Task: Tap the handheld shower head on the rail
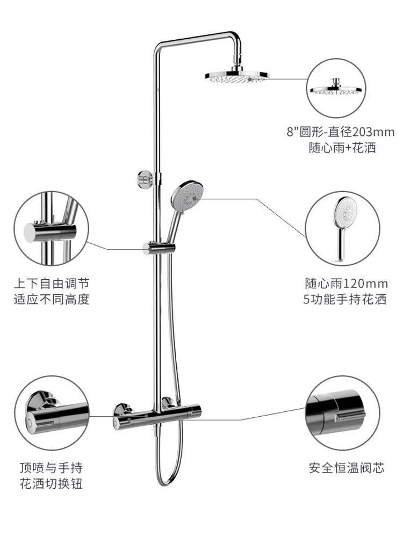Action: [x=186, y=195]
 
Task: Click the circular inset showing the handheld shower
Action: [x=342, y=228]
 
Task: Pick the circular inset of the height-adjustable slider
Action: [x=51, y=228]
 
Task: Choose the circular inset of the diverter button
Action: [x=51, y=412]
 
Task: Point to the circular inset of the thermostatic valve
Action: [x=342, y=412]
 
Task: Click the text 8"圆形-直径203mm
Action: [x=341, y=132]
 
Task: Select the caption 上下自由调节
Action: [x=51, y=283]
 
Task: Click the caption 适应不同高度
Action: [x=51, y=299]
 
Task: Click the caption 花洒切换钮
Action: [x=51, y=484]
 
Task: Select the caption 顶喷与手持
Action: [x=51, y=468]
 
